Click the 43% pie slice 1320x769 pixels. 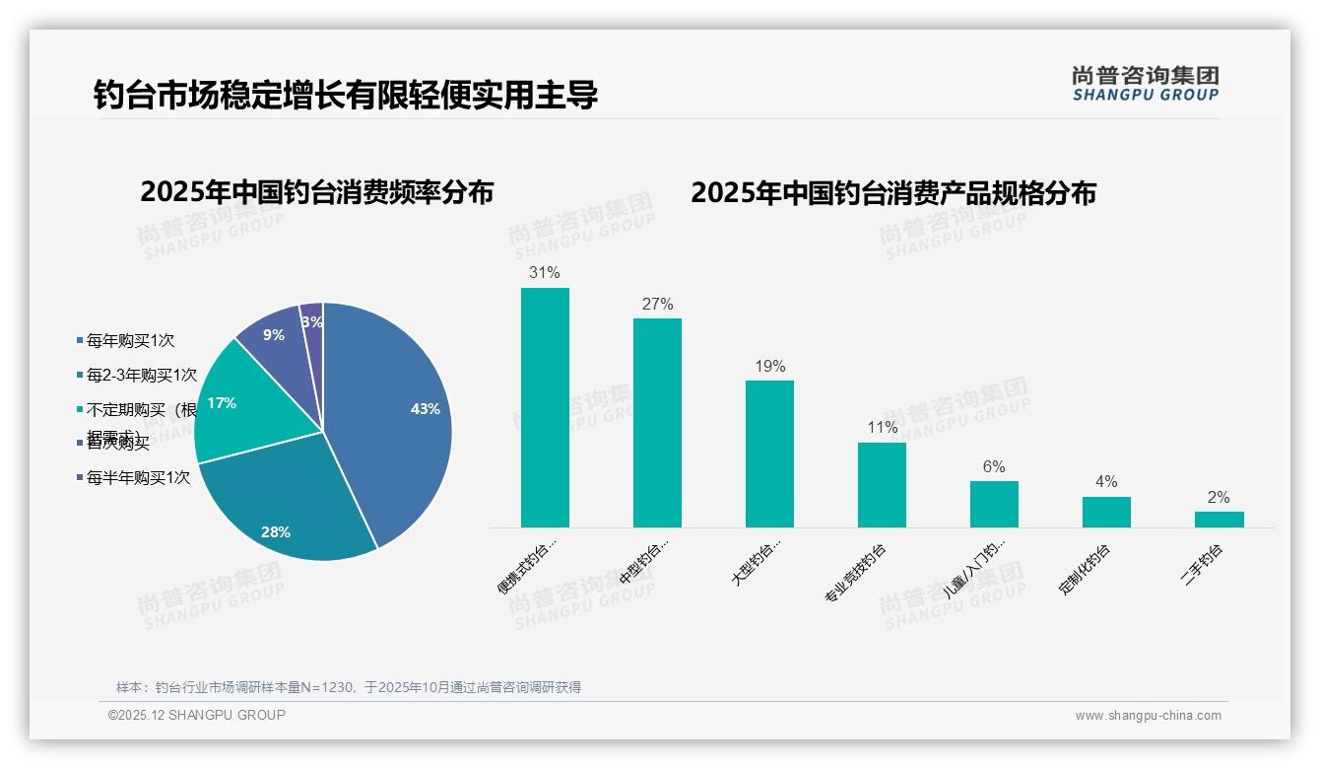tap(394, 414)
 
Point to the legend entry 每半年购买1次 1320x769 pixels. tap(138, 478)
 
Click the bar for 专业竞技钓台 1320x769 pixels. tap(882, 485)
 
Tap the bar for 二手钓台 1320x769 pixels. tap(1219, 520)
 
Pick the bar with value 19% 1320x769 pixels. tap(769, 454)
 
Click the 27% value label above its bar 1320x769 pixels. tap(657, 305)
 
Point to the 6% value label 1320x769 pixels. tap(994, 467)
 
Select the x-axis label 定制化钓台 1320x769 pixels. tap(1085, 570)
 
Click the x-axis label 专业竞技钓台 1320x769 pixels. tap(855, 574)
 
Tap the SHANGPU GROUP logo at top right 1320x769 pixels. tap(1146, 84)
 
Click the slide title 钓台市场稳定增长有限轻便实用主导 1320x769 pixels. tap(346, 96)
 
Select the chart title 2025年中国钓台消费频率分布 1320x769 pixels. tap(316, 191)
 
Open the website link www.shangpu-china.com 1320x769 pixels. tap(1148, 716)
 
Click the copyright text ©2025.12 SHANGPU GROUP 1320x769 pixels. tap(197, 716)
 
